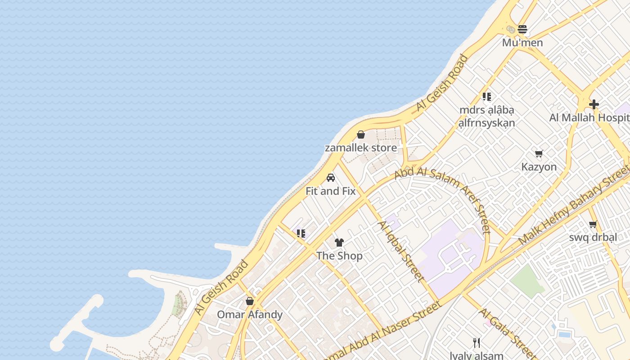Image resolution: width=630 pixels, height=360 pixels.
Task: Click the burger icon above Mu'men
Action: pyautogui.click(x=522, y=29)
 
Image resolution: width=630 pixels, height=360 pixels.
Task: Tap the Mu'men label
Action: pyautogui.click(x=522, y=43)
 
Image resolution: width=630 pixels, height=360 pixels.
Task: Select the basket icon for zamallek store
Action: pyautogui.click(x=360, y=135)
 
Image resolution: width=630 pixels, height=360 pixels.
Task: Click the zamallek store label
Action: pyautogui.click(x=361, y=148)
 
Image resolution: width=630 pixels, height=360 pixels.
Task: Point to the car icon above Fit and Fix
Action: pyautogui.click(x=331, y=178)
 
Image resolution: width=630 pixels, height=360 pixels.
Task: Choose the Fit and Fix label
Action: pyautogui.click(x=331, y=191)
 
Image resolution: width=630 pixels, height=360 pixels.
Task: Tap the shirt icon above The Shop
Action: pyautogui.click(x=339, y=243)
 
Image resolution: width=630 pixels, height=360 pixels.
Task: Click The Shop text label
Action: pyautogui.click(x=339, y=256)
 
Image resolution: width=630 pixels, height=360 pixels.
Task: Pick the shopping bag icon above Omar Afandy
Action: pyautogui.click(x=250, y=301)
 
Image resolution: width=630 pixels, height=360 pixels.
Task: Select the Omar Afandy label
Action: pyautogui.click(x=250, y=314)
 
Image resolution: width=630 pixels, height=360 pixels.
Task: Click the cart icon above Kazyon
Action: pyautogui.click(x=539, y=153)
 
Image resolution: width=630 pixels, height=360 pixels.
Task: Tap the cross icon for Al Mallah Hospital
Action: pyautogui.click(x=594, y=104)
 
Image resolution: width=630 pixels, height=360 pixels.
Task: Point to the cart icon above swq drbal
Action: pyautogui.click(x=593, y=224)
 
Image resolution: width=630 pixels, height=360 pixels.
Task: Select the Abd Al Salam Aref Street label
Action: pyautogui.click(x=442, y=198)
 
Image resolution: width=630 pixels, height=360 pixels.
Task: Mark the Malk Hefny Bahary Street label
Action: pyautogui.click(x=574, y=205)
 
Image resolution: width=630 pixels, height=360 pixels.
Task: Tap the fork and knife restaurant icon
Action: pyautogui.click(x=477, y=343)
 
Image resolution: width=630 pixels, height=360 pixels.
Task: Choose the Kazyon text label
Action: pyautogui.click(x=539, y=167)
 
